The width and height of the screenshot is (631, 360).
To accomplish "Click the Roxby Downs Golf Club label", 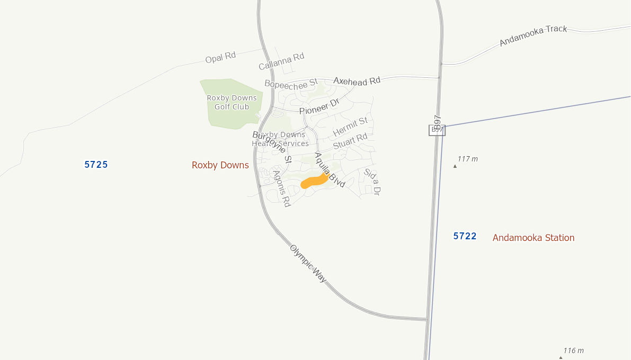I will (232, 102).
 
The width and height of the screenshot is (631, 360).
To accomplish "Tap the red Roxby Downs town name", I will (220, 165).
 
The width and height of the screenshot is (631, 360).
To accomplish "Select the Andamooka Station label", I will (533, 238).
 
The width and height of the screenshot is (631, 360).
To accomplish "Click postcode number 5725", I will (96, 165).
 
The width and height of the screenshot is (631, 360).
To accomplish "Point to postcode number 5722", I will (465, 236).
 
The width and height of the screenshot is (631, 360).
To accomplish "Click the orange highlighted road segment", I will (314, 181).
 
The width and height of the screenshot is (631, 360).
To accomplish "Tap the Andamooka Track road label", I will (533, 36).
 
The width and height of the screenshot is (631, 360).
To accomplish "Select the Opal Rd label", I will (220, 57).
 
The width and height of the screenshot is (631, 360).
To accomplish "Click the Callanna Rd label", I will (281, 61).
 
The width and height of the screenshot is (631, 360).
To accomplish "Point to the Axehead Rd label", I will (357, 81).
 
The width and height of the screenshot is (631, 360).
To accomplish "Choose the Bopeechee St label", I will (290, 83).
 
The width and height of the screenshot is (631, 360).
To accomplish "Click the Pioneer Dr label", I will (318, 106).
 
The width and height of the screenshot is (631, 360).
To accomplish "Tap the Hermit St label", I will (350, 126).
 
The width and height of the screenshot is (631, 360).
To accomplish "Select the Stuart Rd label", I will (350, 141).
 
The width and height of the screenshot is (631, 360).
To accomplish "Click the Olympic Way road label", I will (308, 263).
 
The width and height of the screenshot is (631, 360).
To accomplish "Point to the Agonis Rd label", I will (282, 188).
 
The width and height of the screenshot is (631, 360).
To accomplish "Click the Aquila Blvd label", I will (330, 169).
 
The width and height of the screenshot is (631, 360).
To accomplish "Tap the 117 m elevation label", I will (468, 159).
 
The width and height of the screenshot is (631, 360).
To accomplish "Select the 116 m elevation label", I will (573, 350).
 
